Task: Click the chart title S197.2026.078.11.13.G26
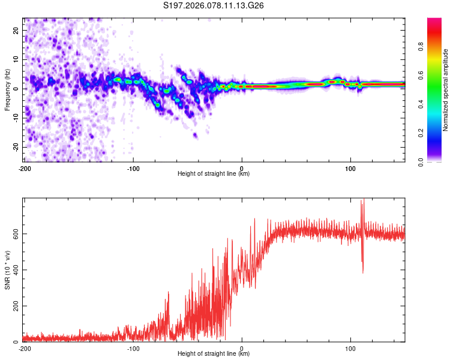tap(214, 6)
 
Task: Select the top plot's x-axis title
tap(214, 174)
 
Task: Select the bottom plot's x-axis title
tap(214, 354)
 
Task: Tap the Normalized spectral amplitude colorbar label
tap(446, 89)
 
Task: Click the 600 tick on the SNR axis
tap(15, 233)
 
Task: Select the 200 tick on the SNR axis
tap(15, 306)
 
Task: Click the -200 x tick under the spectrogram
tap(25, 167)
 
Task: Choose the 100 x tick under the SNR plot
tap(350, 348)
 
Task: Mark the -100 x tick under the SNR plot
tap(133, 348)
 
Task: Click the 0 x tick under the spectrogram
tap(242, 167)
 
